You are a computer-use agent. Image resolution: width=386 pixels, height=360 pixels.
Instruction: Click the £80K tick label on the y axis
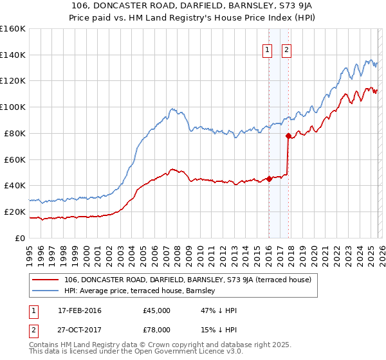(x=13, y=133)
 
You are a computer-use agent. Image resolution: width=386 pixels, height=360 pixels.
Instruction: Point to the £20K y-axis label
(x=13, y=212)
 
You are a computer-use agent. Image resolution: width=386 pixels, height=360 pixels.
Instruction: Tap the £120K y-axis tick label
(x=11, y=81)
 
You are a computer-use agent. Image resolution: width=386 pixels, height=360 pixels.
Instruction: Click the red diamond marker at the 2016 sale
(x=269, y=179)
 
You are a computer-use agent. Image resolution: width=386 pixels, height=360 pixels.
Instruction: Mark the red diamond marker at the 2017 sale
(x=288, y=136)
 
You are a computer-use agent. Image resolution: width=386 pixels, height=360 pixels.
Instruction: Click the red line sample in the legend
(x=46, y=280)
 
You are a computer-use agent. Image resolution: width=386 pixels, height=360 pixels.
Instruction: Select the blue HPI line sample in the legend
(x=46, y=291)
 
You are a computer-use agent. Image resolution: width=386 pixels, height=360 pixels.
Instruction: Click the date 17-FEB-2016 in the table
(x=79, y=310)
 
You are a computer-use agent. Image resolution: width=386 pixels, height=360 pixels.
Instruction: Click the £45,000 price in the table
(x=156, y=310)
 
